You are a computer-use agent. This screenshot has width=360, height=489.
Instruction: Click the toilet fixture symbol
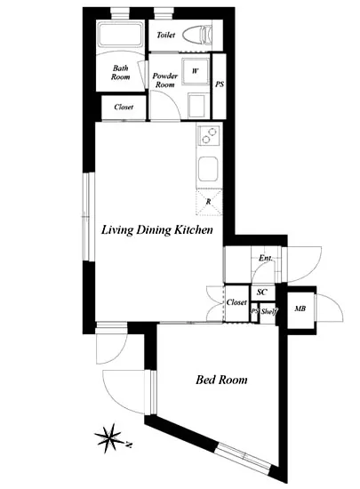(197, 35)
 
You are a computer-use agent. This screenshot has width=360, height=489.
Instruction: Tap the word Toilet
(166, 35)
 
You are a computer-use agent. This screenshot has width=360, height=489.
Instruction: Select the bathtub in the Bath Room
(120, 35)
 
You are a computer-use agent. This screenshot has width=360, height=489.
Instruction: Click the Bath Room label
(120, 72)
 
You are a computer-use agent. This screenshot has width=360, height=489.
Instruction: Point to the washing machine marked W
(196, 71)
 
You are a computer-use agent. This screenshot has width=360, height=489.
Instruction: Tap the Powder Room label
(164, 80)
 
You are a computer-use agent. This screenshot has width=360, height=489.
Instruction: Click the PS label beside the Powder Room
(220, 84)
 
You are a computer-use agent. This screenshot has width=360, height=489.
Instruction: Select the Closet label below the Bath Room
(124, 107)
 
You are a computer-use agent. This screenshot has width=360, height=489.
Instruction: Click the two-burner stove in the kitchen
(209, 136)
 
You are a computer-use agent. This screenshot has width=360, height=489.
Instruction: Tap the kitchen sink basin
(208, 169)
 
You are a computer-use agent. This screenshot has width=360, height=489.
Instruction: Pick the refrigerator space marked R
(209, 202)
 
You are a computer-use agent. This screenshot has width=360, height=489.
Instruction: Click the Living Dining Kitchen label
(157, 230)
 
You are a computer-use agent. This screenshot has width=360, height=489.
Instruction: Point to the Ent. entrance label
(266, 258)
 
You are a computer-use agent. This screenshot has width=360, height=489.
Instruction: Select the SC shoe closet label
(262, 293)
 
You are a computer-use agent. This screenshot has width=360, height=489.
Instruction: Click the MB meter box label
(300, 309)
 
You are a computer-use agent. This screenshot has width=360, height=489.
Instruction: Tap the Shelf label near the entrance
(269, 311)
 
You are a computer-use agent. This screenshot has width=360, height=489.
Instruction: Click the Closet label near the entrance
(236, 302)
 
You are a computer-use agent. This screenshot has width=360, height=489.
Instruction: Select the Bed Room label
(221, 380)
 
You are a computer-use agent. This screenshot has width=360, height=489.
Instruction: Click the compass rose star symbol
(108, 438)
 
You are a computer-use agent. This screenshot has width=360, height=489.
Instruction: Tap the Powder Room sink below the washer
(196, 105)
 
